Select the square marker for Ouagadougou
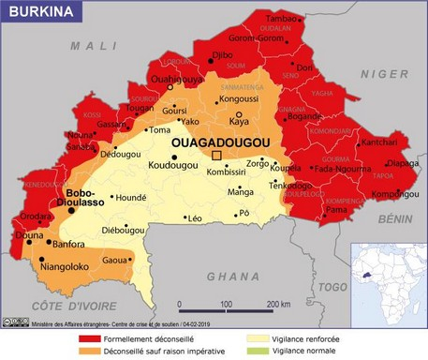(x=217, y=155)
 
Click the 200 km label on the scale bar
(x=278, y=305)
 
